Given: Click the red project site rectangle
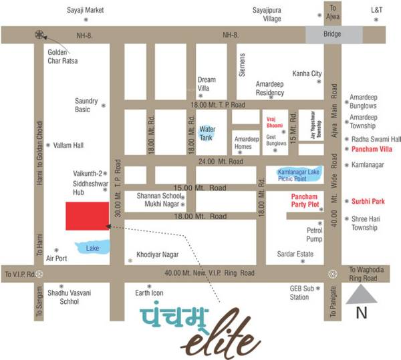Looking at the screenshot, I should (x=87, y=214).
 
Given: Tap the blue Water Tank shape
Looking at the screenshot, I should (x=208, y=129).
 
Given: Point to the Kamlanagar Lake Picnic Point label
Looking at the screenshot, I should (x=299, y=176).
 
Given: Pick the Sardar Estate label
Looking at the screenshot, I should (x=295, y=254).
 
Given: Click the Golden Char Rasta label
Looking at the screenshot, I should (x=63, y=57).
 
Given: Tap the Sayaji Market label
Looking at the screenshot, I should (x=86, y=11).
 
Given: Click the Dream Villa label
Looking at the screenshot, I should (x=207, y=84).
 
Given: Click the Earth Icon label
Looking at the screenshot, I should (x=149, y=293).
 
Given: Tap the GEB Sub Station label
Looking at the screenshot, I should (x=299, y=292).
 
